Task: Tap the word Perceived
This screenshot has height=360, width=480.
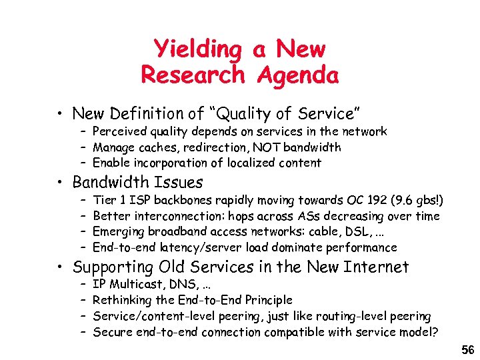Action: click(119, 132)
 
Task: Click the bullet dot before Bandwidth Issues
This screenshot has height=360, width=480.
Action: click(61, 183)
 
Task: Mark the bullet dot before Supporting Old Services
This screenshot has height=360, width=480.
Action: click(61, 268)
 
